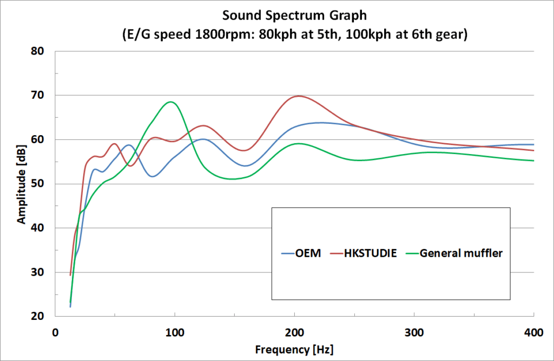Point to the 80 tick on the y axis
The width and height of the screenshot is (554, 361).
(37, 51)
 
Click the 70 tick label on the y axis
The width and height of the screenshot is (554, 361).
(37, 96)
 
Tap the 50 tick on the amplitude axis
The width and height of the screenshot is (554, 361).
(37, 184)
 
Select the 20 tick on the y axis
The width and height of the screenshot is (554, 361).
(37, 316)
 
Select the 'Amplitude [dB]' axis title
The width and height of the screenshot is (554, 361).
(21, 184)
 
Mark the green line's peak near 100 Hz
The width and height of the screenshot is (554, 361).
(171, 102)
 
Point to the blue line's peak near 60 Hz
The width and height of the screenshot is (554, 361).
(128, 145)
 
